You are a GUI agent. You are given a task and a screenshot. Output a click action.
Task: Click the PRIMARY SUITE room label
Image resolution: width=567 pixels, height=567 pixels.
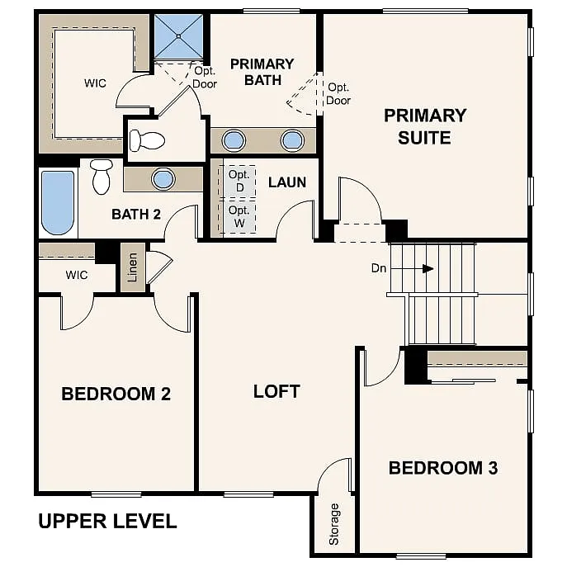click(425, 126)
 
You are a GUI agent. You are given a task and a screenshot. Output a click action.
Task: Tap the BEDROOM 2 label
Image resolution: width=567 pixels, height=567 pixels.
click(116, 394)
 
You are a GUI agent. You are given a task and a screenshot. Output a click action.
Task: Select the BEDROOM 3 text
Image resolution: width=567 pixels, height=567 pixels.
click(443, 468)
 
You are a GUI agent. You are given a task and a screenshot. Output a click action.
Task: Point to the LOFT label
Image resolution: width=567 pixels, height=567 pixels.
click(276, 391)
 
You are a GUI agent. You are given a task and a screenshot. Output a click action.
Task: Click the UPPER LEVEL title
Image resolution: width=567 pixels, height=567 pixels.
click(107, 522)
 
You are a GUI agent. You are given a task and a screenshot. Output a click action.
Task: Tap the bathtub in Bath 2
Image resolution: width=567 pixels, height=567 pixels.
click(58, 202)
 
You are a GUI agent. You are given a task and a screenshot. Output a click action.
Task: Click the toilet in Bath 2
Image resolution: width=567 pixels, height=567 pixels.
click(102, 176)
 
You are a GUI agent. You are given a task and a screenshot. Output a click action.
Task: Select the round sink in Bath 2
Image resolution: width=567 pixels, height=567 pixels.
click(163, 178)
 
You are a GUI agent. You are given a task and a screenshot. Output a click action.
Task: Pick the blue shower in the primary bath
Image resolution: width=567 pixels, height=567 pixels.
click(178, 37)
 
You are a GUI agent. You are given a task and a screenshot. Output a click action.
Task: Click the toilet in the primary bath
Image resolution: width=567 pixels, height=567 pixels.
click(147, 140)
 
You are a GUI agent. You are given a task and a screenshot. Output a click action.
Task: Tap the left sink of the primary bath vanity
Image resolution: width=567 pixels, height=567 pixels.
click(234, 140)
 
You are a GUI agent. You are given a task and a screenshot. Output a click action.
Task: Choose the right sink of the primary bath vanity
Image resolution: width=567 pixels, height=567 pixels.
click(292, 140)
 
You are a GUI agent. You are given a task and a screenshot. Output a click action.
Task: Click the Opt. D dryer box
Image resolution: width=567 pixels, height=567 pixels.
click(239, 181)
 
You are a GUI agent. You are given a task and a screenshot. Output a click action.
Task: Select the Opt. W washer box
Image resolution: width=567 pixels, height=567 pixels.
click(239, 216)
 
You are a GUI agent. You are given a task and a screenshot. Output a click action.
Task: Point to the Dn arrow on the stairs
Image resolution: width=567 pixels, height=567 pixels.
click(426, 268)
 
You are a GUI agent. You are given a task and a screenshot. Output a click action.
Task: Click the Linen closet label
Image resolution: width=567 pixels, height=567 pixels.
click(132, 267)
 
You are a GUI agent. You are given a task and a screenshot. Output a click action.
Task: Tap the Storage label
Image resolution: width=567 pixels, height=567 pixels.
click(334, 524)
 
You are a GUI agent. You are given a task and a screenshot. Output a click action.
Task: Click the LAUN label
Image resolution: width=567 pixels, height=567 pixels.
click(287, 182)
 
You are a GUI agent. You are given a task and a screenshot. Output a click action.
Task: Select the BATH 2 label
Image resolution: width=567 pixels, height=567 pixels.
click(136, 215)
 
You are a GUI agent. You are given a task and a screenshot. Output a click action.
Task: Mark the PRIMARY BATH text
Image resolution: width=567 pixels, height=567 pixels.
click(262, 72)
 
